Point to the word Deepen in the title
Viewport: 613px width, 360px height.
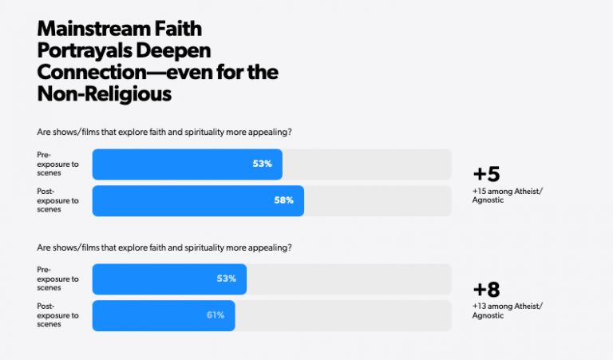(180, 52)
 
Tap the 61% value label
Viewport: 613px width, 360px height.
(216, 315)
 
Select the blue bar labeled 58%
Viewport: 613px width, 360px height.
(197, 200)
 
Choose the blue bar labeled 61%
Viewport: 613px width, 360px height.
(163, 315)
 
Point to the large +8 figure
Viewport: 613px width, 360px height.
(486, 290)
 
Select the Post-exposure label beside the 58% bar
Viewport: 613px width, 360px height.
(58, 200)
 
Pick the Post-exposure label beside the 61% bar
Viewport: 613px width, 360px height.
(58, 315)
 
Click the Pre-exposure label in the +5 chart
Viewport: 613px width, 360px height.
(58, 164)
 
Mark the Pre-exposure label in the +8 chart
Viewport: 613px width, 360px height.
(58, 279)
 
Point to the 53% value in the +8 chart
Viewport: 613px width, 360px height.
(227, 279)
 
